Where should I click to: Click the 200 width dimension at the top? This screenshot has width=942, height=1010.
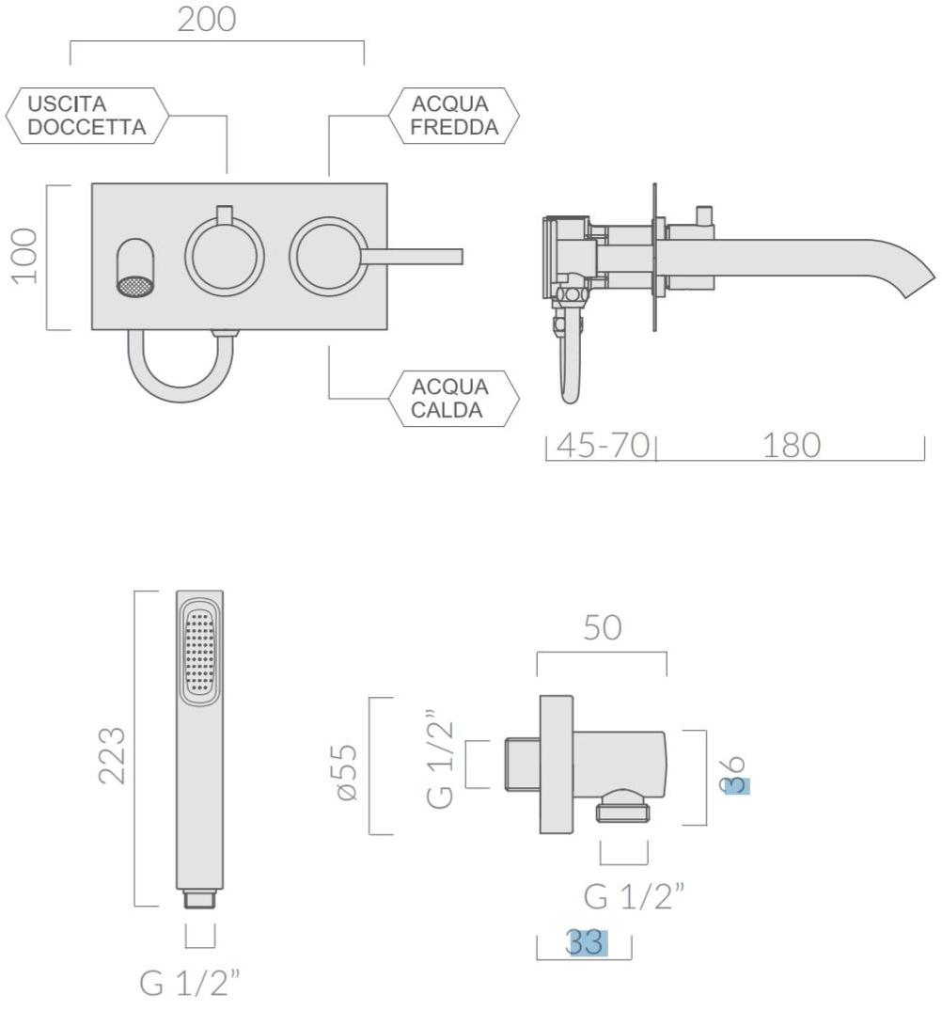(x=207, y=20)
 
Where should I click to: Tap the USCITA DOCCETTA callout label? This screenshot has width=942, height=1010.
(x=86, y=116)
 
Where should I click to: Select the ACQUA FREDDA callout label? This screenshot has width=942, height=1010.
(x=454, y=116)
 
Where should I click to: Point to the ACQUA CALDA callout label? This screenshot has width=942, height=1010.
(x=454, y=398)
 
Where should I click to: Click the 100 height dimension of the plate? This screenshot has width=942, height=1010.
(x=25, y=256)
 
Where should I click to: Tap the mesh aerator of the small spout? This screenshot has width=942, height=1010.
(x=136, y=286)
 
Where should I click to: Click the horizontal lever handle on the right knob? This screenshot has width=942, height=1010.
(x=411, y=257)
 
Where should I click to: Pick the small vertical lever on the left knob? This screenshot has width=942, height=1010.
(x=225, y=214)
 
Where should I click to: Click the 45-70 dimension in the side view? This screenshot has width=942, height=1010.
(x=604, y=445)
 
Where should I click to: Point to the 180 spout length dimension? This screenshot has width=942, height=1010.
(x=792, y=445)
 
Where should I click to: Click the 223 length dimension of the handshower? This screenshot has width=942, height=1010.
(x=112, y=755)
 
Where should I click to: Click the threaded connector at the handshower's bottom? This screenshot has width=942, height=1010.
(x=199, y=899)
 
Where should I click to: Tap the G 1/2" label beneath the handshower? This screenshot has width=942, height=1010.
(x=190, y=983)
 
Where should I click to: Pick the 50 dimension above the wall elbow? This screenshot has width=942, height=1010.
(x=603, y=627)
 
